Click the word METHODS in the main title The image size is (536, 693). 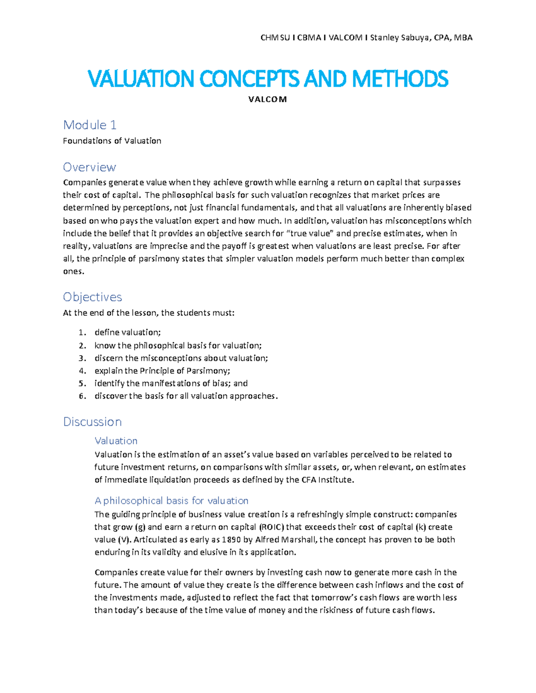coord(400,79)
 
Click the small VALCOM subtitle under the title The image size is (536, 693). coord(267,100)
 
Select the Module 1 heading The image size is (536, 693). coord(90,125)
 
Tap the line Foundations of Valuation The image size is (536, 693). coord(112,141)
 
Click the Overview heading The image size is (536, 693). coord(89,167)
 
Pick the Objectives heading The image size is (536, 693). coord(92,297)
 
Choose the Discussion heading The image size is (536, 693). coord(92,422)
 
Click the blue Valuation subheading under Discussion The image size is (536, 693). coord(116,441)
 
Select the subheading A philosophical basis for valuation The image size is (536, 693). coord(172,501)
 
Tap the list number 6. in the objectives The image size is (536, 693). coord(82,396)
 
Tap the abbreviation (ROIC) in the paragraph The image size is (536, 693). coord(271,527)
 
